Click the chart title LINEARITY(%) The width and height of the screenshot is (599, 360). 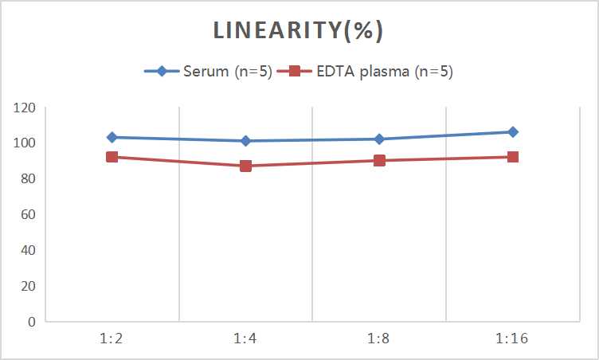[x=299, y=31]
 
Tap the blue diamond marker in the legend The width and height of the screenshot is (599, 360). [x=162, y=72]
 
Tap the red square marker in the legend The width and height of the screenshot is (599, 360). [x=294, y=72]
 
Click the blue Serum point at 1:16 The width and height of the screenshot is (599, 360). [x=513, y=132]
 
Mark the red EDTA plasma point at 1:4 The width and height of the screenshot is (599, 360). [x=245, y=166]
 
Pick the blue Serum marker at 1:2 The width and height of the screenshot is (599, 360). [x=112, y=137]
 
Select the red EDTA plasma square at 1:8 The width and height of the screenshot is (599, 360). [x=379, y=160]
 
